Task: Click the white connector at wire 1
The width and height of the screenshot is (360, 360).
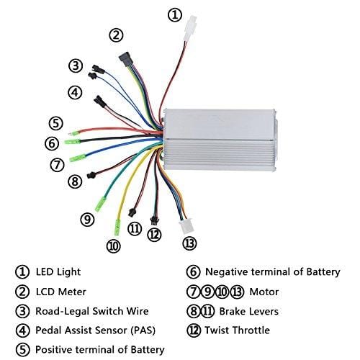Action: tap(191, 28)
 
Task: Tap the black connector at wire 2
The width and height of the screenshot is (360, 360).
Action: tap(125, 59)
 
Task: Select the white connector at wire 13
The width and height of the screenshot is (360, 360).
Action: tap(186, 227)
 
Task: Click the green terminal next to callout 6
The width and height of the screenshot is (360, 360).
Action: tap(72, 141)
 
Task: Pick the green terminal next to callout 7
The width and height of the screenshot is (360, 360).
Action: tap(78, 158)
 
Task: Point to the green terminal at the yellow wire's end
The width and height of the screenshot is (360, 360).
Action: tap(117, 228)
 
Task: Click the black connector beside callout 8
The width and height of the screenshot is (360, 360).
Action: tap(91, 175)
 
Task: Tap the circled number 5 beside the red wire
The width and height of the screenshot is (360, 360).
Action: tap(56, 123)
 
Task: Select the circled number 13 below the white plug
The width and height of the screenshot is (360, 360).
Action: tap(189, 243)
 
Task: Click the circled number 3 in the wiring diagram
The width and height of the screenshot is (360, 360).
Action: tap(76, 66)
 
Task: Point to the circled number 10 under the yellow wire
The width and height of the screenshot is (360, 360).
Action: tap(113, 246)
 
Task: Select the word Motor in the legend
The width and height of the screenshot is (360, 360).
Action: tap(264, 292)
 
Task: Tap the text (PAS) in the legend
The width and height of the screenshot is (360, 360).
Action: tap(143, 330)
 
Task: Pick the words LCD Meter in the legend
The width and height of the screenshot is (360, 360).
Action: tap(61, 292)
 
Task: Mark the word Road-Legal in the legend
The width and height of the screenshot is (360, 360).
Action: tap(63, 312)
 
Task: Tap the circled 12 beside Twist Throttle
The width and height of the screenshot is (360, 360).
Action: tap(194, 330)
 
